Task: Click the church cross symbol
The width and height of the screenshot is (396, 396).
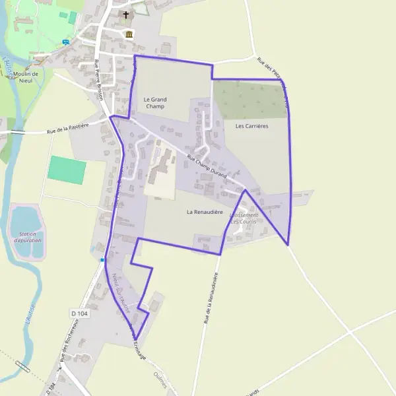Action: pyautogui.click(x=126, y=14)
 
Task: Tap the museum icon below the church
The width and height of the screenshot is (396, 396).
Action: pyautogui.click(x=127, y=34)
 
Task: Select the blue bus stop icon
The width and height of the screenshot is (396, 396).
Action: pyautogui.click(x=65, y=42)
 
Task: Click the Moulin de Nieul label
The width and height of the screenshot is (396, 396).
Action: pyautogui.click(x=26, y=77)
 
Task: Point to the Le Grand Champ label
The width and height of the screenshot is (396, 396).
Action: pyautogui.click(x=155, y=102)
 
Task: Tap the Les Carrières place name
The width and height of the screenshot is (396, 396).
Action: pyautogui.click(x=251, y=125)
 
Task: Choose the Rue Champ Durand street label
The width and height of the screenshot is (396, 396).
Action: pyautogui.click(x=207, y=168)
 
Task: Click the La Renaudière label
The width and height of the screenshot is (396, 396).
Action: pyautogui.click(x=203, y=212)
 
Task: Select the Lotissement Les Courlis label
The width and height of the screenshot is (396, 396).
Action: pyautogui.click(x=244, y=218)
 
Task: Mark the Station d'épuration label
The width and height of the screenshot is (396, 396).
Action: pyautogui.click(x=27, y=238)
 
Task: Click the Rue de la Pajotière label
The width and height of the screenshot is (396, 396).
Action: pyautogui.click(x=68, y=127)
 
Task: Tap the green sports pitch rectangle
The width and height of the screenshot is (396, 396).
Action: pyautogui.click(x=67, y=170)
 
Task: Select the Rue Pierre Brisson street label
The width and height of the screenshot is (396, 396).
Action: pyautogui.click(x=100, y=79)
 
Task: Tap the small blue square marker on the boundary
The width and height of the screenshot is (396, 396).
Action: pyautogui.click(x=102, y=260)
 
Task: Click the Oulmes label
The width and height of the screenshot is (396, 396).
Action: pyautogui.click(x=161, y=381)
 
